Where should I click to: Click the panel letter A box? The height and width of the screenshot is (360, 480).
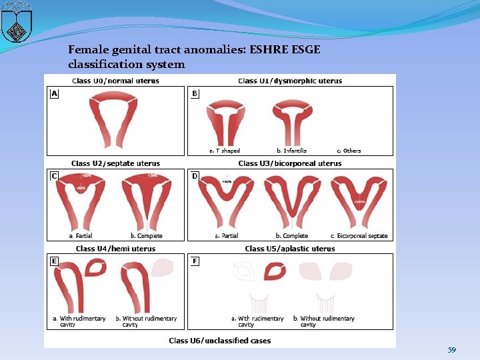[54, 94]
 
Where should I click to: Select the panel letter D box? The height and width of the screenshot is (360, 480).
[195, 177]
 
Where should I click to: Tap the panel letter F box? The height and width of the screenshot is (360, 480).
[195, 261]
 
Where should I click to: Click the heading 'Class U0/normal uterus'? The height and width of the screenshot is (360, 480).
[115, 81]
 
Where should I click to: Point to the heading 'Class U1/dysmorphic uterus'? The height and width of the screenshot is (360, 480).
[290, 81]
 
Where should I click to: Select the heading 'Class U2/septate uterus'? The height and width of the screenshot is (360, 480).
[115, 163]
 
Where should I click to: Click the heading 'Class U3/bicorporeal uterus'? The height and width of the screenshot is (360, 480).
[290, 163]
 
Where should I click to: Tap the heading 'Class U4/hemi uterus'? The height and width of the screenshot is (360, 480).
[115, 249]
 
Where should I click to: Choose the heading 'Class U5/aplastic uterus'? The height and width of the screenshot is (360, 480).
[290, 249]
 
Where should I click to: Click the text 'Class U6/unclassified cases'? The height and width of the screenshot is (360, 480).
[220, 341]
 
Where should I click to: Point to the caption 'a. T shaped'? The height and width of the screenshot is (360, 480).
[225, 151]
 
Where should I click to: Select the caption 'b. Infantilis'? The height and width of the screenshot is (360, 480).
[291, 151]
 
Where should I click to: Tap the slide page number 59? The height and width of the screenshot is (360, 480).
[452, 349]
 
